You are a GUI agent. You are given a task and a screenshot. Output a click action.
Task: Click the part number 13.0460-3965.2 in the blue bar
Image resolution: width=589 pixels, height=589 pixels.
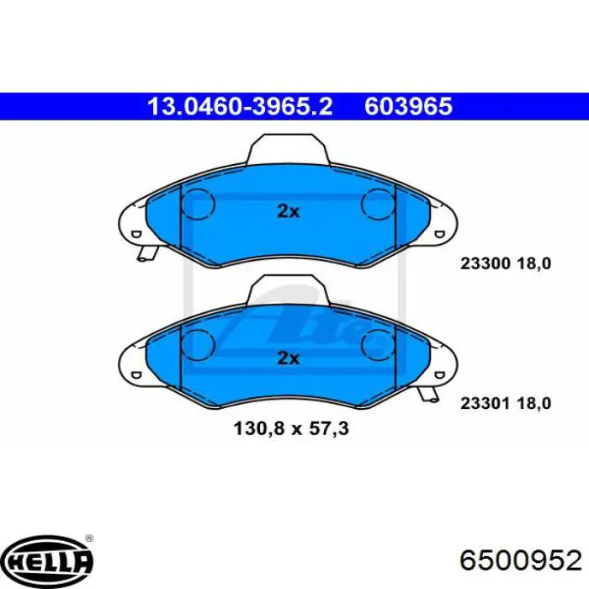241,106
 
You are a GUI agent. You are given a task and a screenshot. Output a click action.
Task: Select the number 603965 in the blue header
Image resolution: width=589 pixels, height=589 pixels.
408,106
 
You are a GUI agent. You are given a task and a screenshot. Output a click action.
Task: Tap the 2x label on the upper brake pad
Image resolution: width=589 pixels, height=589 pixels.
288,212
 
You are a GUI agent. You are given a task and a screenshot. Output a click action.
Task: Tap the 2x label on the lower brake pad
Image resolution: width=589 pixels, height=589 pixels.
288,358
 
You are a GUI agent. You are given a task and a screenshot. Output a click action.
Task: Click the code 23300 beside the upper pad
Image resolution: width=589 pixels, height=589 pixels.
485,263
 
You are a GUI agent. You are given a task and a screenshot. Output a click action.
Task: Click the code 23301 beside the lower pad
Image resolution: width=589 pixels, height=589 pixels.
485,403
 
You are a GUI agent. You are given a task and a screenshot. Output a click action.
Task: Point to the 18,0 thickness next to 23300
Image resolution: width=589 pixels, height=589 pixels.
534,263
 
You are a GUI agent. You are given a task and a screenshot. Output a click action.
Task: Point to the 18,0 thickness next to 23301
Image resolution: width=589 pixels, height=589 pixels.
534,403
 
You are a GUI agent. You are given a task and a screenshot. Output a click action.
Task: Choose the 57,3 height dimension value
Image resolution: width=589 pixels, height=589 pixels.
329,428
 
